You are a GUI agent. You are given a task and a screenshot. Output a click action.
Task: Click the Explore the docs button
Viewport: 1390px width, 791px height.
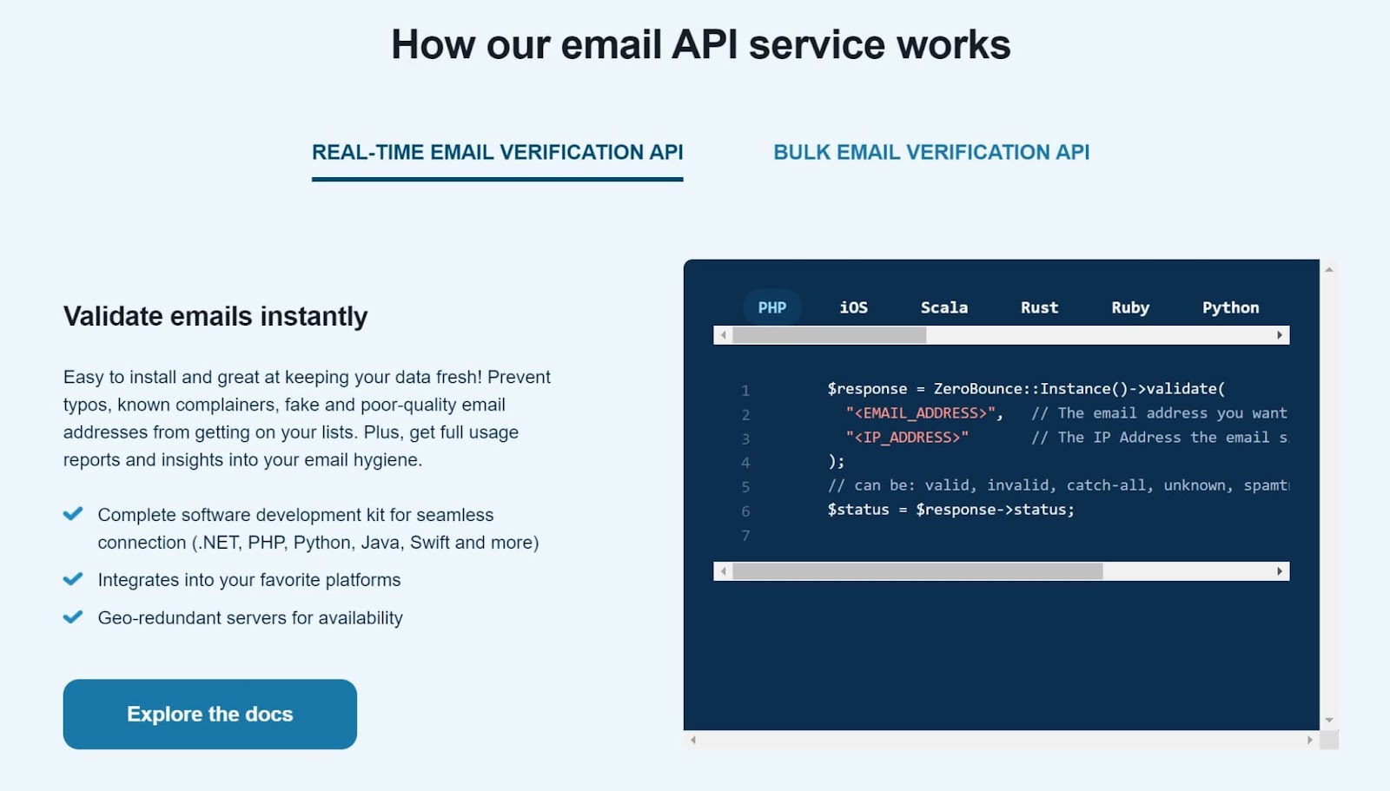(209, 714)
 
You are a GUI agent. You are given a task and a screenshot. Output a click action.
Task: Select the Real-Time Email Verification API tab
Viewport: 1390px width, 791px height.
(497, 152)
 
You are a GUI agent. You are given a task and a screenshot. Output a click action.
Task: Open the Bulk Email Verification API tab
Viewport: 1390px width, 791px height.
(930, 152)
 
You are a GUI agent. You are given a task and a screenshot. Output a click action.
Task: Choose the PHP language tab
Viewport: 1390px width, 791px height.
(771, 307)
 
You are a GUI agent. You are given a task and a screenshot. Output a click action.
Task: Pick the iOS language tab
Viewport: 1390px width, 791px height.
(853, 307)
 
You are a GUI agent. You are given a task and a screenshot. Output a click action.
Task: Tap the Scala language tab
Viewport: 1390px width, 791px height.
(943, 307)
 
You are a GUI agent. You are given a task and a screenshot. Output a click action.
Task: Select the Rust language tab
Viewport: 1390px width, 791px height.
(1039, 307)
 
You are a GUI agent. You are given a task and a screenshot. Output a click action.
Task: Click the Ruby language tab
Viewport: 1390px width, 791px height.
(1129, 307)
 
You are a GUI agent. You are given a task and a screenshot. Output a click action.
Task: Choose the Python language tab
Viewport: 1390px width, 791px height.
(1230, 307)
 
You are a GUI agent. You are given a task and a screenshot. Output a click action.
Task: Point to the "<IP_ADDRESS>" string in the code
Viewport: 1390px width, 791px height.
(907, 438)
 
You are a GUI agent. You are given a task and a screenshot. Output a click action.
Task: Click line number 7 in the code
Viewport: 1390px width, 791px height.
(745, 536)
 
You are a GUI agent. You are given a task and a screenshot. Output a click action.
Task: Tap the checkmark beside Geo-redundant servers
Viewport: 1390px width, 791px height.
(73, 617)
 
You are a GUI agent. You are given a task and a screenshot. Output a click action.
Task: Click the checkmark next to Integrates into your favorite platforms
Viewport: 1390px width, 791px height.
(73, 579)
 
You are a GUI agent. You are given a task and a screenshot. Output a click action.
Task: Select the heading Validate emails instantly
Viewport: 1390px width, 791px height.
(215, 316)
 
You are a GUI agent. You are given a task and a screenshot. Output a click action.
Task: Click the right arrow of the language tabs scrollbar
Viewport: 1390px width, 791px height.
(1280, 335)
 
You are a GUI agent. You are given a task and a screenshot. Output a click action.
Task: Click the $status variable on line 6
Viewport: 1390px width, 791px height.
(857, 510)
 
